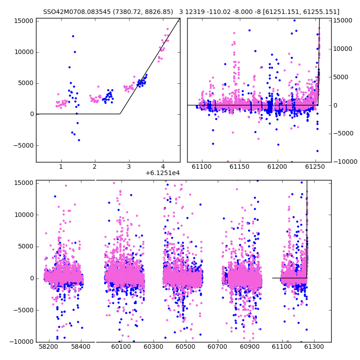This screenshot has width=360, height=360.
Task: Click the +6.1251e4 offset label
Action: pyautogui.click(x=162, y=173)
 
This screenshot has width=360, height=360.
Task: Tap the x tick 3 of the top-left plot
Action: pyautogui.click(x=129, y=166)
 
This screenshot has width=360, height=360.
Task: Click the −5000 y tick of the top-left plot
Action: pyautogui.click(x=23, y=145)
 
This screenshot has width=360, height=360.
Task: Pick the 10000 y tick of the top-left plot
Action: pyautogui.click(x=24, y=52)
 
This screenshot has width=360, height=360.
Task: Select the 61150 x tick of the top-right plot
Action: pyautogui.click(x=239, y=166)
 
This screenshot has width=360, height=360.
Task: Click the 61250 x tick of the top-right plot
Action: pyautogui.click(x=315, y=166)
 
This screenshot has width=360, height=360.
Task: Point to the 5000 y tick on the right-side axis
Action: pyautogui.click(x=341, y=77)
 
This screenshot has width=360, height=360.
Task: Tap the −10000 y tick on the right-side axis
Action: pyautogui.click(x=345, y=162)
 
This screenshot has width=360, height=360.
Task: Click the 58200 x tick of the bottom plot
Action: pyautogui.click(x=48, y=346)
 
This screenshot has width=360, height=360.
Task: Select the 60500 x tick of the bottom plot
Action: pyautogui.click(x=185, y=346)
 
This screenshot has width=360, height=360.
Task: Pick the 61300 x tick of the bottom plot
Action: pyautogui.click(x=314, y=346)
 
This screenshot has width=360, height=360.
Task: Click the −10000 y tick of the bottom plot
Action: pyautogui.click(x=21, y=342)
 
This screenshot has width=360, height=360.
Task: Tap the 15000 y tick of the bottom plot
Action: pyautogui.click(x=24, y=183)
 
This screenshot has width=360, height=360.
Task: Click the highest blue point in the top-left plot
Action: pyautogui.click(x=73, y=36)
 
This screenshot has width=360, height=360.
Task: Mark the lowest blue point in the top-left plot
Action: pyautogui.click(x=79, y=140)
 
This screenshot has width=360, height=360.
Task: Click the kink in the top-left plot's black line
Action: pyautogui.click(x=120, y=114)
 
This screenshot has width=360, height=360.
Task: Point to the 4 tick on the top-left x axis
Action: pyautogui.click(x=163, y=166)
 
